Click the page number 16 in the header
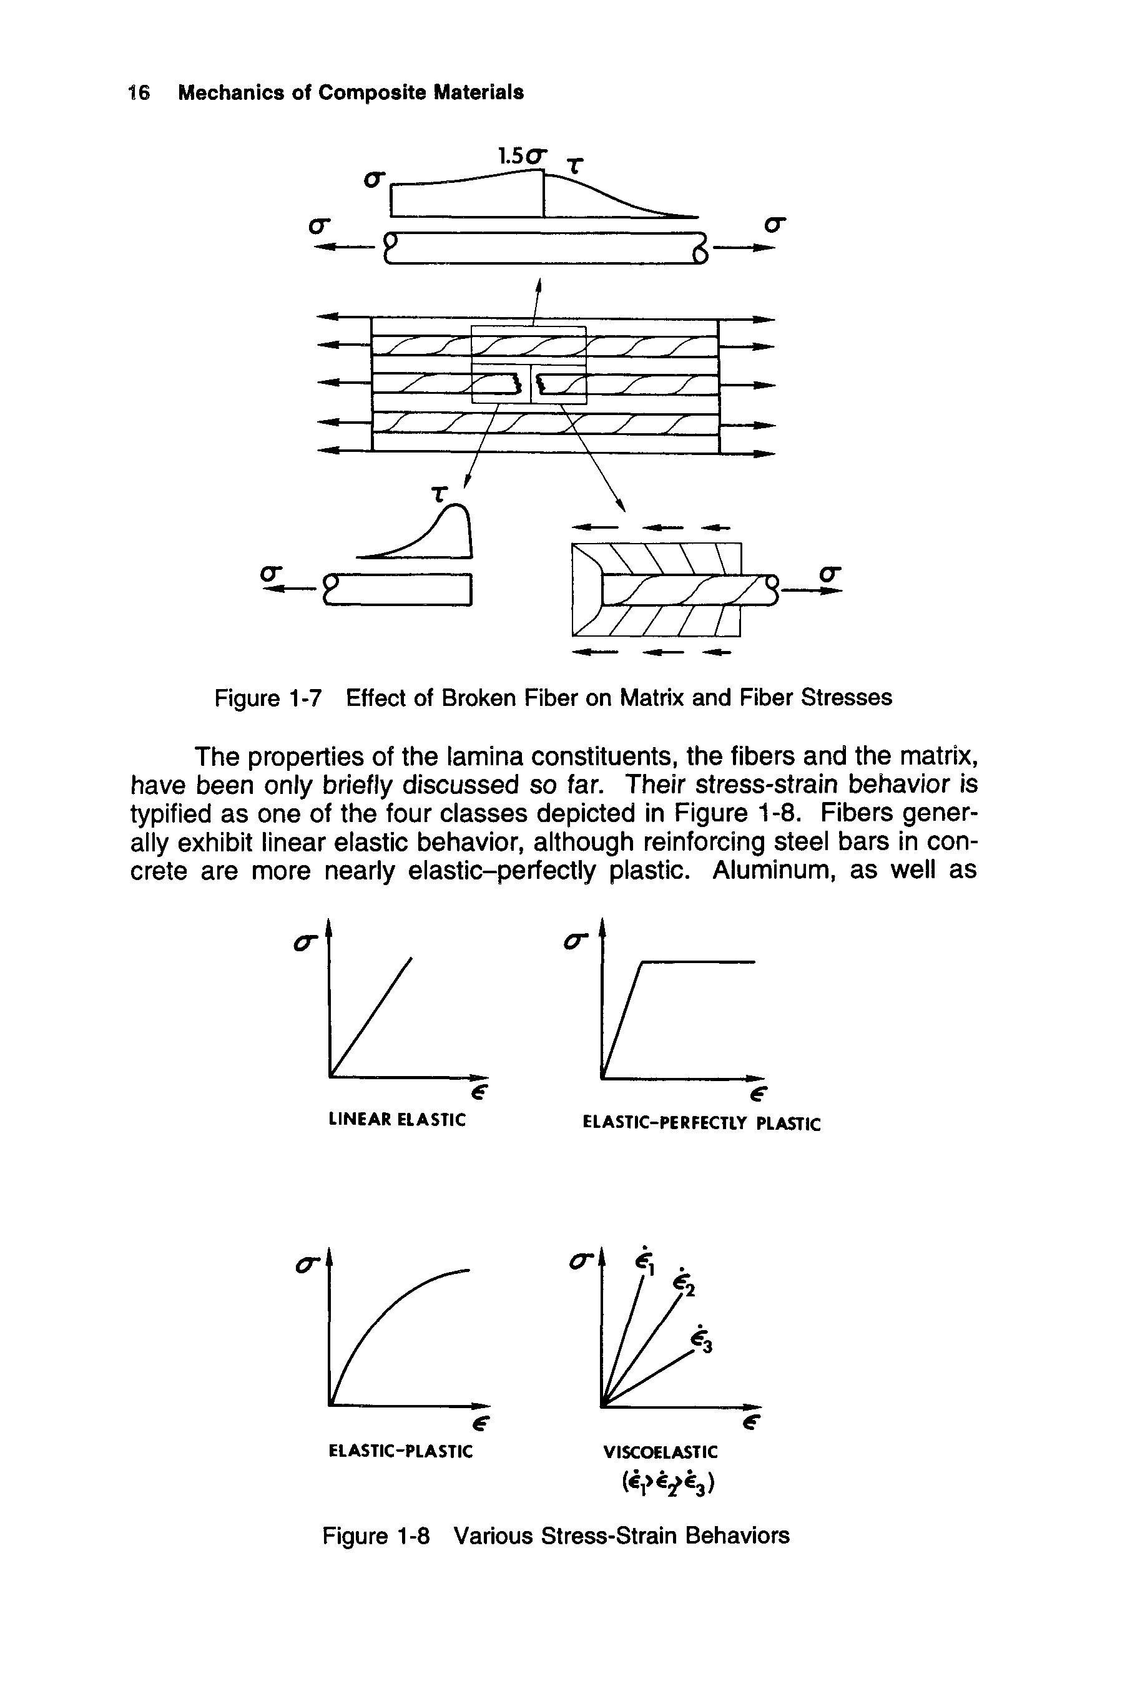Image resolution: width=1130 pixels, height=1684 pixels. [x=139, y=93]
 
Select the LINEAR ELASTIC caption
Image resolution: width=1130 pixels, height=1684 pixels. [x=397, y=1119]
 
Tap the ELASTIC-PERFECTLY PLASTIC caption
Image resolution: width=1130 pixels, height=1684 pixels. [x=700, y=1123]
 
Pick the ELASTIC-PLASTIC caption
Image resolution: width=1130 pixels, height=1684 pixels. [x=401, y=1451]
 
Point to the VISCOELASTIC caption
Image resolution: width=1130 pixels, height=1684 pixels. [x=660, y=1451]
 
